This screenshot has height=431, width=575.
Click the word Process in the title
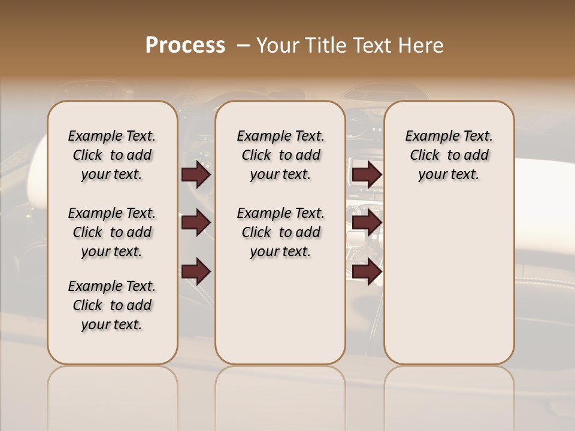click(x=185, y=45)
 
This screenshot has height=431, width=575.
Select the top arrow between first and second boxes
click(x=196, y=175)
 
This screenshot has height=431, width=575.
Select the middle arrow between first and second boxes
click(x=196, y=223)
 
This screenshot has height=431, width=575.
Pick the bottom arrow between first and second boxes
click(x=196, y=272)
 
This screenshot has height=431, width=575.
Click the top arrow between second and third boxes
click(x=367, y=175)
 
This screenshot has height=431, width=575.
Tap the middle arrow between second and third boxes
click(x=367, y=223)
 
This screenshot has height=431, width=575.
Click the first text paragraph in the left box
click(x=112, y=155)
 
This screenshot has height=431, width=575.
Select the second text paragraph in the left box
click(x=112, y=232)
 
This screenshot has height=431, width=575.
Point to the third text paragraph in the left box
click(x=112, y=305)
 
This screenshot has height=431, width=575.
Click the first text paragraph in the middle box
click(x=280, y=155)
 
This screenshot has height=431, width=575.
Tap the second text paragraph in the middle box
click(x=280, y=232)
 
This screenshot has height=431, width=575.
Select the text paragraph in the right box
click(x=449, y=155)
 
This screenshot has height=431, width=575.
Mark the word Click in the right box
click(x=425, y=156)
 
